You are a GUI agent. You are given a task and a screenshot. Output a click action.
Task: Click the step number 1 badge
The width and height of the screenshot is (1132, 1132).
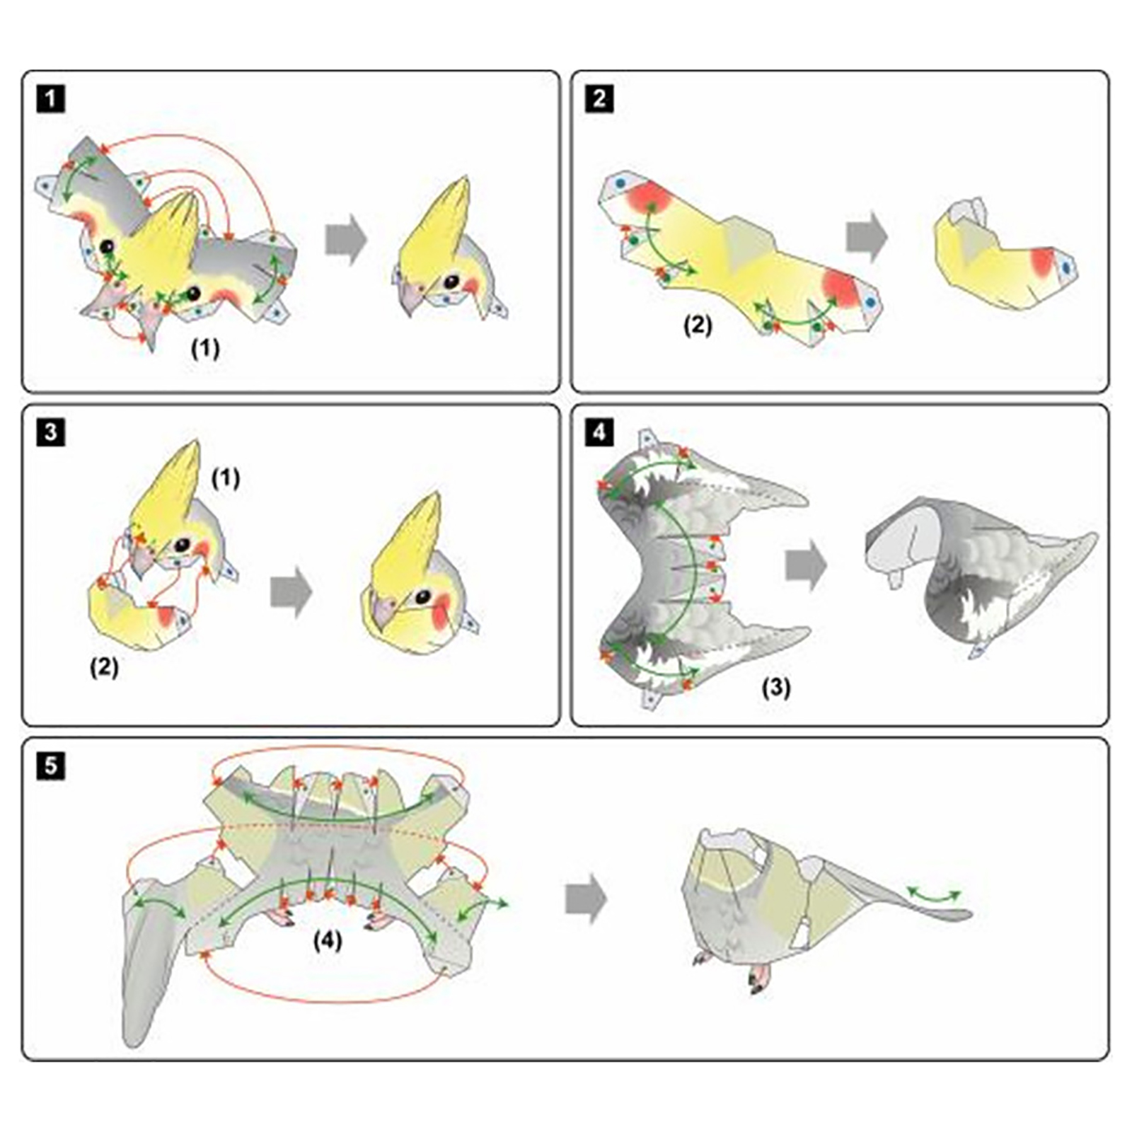pos(50,98)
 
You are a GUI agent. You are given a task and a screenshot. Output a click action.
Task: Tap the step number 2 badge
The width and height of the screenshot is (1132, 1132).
pos(599,98)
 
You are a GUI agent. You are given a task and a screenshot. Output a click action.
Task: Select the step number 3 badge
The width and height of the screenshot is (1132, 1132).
pos(50,432)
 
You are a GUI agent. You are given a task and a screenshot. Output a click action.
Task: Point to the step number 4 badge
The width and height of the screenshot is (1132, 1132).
pos(599,432)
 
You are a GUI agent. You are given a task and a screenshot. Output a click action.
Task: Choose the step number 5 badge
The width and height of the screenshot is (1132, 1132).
pos(50,766)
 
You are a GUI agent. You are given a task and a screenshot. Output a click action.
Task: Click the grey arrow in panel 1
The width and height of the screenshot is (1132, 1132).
pos(346,239)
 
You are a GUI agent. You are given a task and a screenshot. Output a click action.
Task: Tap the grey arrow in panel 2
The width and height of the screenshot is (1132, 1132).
pos(867,236)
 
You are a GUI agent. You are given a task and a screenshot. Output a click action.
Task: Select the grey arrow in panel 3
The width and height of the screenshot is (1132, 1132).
pos(291,591)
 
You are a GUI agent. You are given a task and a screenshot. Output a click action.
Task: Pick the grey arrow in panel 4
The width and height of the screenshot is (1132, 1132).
pos(806,565)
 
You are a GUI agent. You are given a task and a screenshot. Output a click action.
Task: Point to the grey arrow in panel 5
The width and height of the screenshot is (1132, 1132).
pos(587,899)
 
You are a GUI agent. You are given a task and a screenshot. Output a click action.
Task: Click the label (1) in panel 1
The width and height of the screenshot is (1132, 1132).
pos(206,348)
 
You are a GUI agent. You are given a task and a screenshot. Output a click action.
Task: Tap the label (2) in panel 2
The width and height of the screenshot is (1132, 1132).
pos(698,325)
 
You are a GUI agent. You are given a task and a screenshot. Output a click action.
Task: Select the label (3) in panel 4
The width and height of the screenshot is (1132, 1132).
pos(776,687)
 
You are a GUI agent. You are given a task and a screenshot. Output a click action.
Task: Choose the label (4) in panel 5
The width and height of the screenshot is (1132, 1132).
pos(328,940)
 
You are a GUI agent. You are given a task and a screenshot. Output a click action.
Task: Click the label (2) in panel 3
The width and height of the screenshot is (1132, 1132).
pos(104,667)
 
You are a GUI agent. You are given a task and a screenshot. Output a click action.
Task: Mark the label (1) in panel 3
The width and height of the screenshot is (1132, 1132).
pos(226,479)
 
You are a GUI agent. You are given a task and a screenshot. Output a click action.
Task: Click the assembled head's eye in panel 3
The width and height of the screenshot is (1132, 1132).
pos(423,596)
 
